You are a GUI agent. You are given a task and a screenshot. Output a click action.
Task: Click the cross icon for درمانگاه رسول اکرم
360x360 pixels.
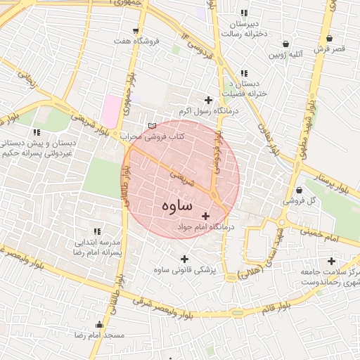pos(208,100)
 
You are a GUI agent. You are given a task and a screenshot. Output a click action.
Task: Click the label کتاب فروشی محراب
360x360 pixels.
pos(151,136)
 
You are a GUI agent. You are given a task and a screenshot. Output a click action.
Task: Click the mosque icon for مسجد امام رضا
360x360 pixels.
pos(99,325)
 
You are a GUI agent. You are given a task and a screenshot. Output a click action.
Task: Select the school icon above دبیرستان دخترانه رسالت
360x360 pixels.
pos(244,13)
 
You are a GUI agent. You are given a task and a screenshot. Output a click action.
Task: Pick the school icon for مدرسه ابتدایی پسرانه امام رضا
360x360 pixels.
pos(96,231)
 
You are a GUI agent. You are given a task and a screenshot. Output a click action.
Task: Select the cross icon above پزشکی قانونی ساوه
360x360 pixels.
pos(185,258)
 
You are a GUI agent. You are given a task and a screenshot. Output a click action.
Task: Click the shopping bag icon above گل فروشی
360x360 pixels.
pos(299,190)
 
